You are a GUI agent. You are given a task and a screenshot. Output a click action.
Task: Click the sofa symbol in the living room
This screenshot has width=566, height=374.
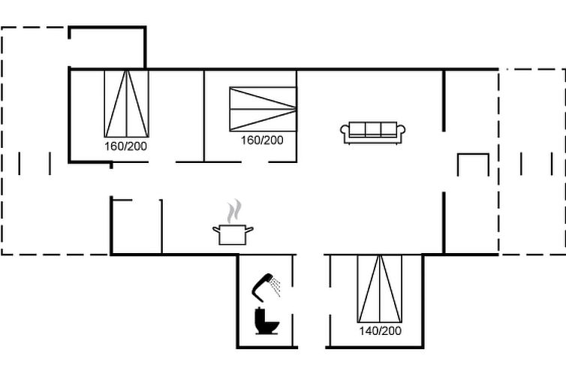pyautogui.click(x=373, y=133)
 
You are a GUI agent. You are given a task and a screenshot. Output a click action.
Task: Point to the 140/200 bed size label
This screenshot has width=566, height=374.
pyautogui.click(x=380, y=330)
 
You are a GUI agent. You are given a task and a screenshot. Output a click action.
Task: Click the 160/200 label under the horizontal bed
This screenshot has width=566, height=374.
pyautogui.click(x=262, y=140)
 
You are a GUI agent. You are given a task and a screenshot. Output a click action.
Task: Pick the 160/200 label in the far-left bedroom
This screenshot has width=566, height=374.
pyautogui.click(x=125, y=146)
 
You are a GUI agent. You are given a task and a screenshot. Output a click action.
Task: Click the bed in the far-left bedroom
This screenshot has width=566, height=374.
pyautogui.click(x=126, y=104)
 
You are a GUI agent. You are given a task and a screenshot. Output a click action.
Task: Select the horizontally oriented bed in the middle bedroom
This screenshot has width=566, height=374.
pyautogui.click(x=263, y=109)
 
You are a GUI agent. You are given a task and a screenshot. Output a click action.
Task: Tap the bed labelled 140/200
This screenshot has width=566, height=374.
pyautogui.click(x=380, y=288)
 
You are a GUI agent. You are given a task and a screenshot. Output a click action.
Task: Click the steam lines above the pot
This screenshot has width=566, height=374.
pyautogui.click(x=234, y=211)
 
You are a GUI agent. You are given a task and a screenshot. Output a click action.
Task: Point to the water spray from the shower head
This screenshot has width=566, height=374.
pyautogui.click(x=276, y=286)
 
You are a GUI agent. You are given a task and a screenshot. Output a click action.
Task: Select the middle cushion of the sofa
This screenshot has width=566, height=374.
pyautogui.click(x=373, y=129)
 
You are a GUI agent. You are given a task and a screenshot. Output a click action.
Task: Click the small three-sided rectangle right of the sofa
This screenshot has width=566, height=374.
pyautogui.click(x=473, y=155)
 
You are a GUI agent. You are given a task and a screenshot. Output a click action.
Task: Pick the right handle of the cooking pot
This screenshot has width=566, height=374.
pyautogui.click(x=249, y=229)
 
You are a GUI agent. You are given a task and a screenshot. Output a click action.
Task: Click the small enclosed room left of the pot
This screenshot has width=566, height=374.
pyautogui.click(x=137, y=227)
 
